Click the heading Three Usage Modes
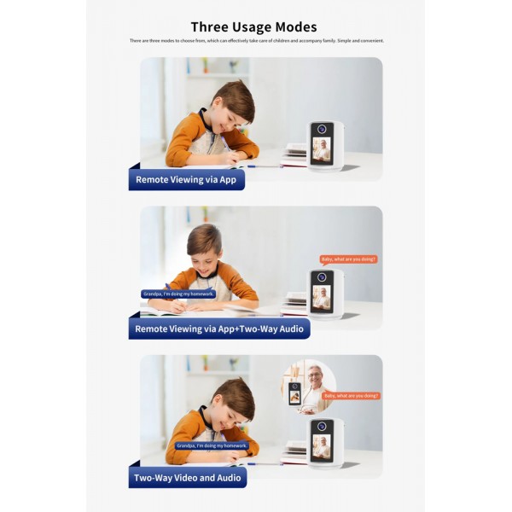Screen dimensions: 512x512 pos(253,27)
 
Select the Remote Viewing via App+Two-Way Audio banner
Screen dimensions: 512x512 pos(221,328)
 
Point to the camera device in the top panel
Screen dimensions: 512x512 pos(325,145)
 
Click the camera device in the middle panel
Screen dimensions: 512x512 pos(325,294)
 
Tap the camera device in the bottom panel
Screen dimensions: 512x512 pos(325,442)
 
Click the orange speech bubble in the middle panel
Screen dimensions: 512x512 pos(348,259)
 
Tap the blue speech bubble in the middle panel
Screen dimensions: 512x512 pos(178,294)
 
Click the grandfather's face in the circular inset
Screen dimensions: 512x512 pos(317,376)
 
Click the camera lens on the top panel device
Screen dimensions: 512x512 pos(322,130)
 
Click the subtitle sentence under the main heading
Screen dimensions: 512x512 pos(256,41)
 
